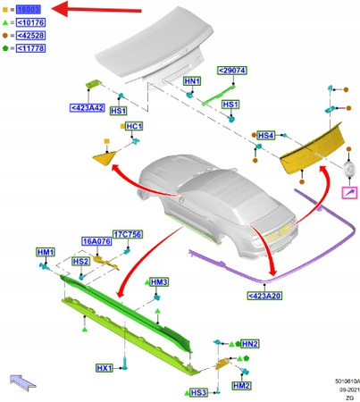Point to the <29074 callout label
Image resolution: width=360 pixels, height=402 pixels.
[232, 70]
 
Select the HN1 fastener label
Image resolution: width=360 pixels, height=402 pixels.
[191, 81]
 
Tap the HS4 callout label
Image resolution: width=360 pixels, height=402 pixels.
[264, 136]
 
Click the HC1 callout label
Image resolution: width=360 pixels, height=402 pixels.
[133, 126]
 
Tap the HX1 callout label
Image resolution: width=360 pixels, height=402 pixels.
[105, 368]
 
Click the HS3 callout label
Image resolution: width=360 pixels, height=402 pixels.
[198, 393]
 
